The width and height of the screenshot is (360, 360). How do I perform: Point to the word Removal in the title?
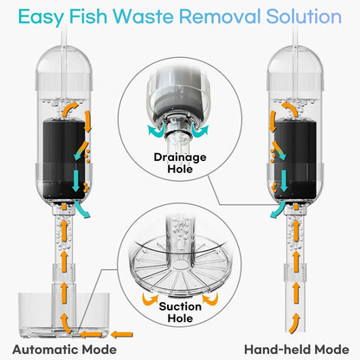coord(228,16)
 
